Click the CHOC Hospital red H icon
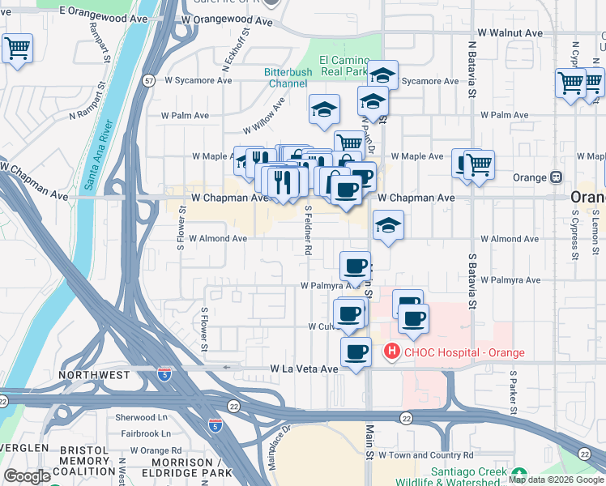click(391, 352)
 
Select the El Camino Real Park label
click(344, 66)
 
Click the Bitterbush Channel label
click(286, 78)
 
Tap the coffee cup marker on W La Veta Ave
click(355, 352)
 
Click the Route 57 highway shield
click(148, 80)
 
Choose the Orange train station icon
click(557, 177)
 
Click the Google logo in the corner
click(27, 476)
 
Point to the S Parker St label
click(513, 392)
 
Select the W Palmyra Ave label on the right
click(509, 280)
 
